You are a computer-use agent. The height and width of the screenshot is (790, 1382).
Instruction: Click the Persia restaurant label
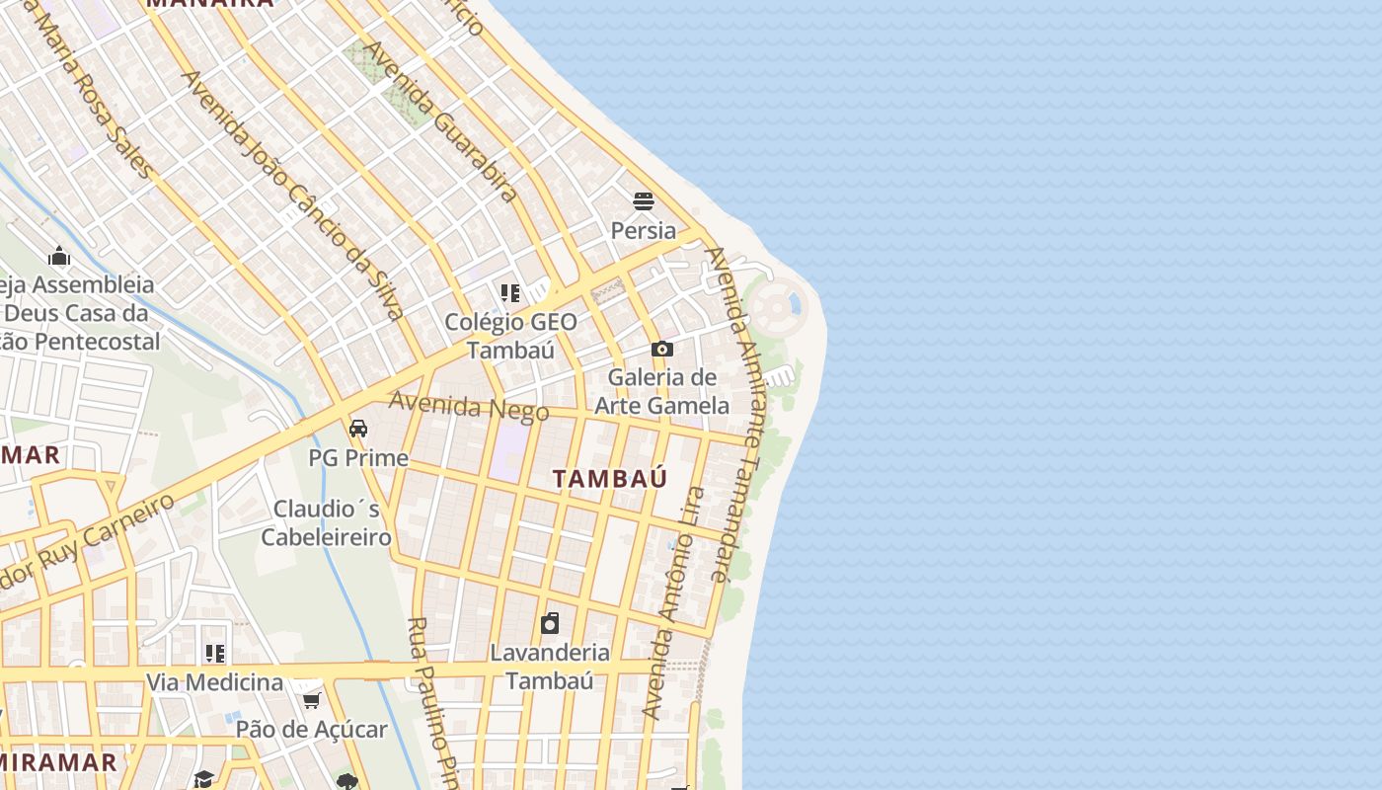pyautogui.click(x=644, y=231)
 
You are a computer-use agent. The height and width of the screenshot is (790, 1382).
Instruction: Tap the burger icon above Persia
pyautogui.click(x=644, y=201)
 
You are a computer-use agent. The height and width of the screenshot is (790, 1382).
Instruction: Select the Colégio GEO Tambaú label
pyautogui.click(x=510, y=336)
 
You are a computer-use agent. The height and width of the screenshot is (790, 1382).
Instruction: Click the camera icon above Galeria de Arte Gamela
pyautogui.click(x=662, y=349)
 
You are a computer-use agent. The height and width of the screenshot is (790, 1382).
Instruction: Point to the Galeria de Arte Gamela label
pyautogui.click(x=661, y=391)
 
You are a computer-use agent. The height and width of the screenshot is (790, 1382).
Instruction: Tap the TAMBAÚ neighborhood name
pyautogui.click(x=610, y=479)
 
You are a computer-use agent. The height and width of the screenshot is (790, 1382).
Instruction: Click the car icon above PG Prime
pyautogui.click(x=358, y=429)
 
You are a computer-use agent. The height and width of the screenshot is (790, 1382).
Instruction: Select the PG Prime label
pyautogui.click(x=358, y=458)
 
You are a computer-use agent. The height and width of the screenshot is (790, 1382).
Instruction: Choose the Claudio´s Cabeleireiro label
pyautogui.click(x=327, y=523)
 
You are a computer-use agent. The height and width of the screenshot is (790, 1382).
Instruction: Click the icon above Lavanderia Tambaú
pyautogui.click(x=550, y=623)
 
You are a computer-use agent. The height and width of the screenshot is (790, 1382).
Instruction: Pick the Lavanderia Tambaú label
pyautogui.click(x=550, y=667)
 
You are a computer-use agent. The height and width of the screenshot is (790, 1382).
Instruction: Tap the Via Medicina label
pyautogui.click(x=214, y=682)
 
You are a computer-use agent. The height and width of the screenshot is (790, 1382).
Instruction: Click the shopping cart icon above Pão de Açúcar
pyautogui.click(x=312, y=700)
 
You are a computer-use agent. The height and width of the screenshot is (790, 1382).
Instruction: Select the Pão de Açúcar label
pyautogui.click(x=312, y=730)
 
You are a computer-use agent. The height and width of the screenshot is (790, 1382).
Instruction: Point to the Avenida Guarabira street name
pyautogui.click(x=441, y=121)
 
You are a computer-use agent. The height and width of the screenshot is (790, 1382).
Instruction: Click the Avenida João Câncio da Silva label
pyautogui.click(x=293, y=195)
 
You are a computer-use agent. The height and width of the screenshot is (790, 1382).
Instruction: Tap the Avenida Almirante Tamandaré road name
pyautogui.click(x=735, y=415)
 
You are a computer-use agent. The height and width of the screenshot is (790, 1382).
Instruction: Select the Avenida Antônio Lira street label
pyautogui.click(x=674, y=602)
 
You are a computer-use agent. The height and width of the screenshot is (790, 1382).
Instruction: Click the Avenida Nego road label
pyautogui.click(x=468, y=406)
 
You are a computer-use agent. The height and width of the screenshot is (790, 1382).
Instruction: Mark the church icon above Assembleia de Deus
pyautogui.click(x=59, y=257)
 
